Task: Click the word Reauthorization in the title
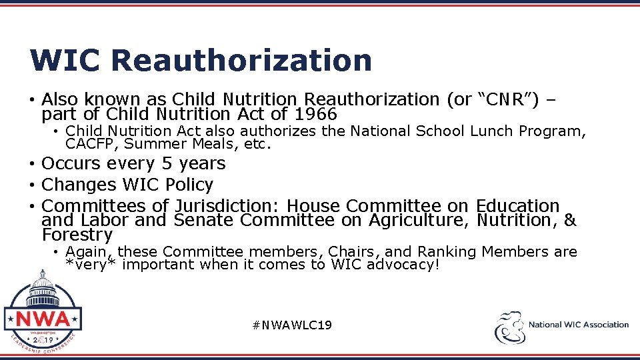click(241, 60)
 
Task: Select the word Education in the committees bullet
click(518, 206)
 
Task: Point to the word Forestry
click(77, 235)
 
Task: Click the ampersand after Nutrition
click(569, 220)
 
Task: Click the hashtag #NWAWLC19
click(292, 325)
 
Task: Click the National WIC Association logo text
click(578, 325)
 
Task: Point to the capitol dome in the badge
click(43, 285)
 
